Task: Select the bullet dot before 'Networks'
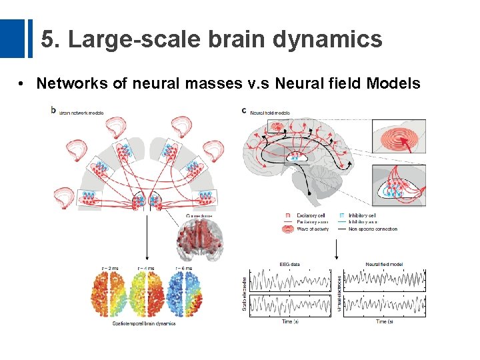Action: pos(22,84)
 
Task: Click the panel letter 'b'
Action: pos(53,110)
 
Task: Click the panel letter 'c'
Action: pos(245,111)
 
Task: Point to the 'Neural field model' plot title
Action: pos(384,265)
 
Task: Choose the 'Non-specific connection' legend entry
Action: pos(370,229)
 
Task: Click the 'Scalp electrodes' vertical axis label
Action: pos(245,293)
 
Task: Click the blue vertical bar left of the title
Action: pos(29,39)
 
